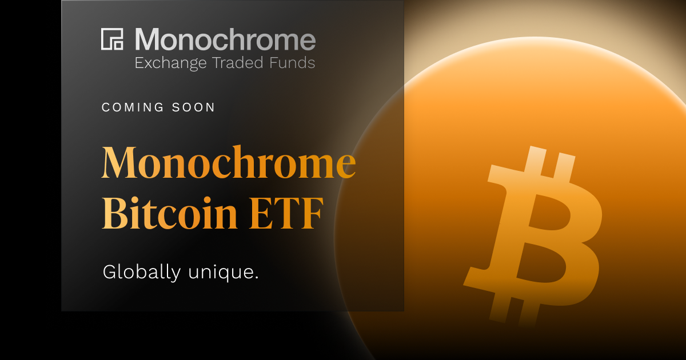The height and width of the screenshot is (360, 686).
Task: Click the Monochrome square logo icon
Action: coord(113,39)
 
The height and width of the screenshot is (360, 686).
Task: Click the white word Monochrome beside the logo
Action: coord(225,39)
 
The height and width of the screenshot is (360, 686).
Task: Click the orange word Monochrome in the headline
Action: coord(229,163)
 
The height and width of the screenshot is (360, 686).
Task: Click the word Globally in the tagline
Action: coord(141,273)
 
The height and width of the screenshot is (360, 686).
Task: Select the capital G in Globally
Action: coord(110,272)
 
